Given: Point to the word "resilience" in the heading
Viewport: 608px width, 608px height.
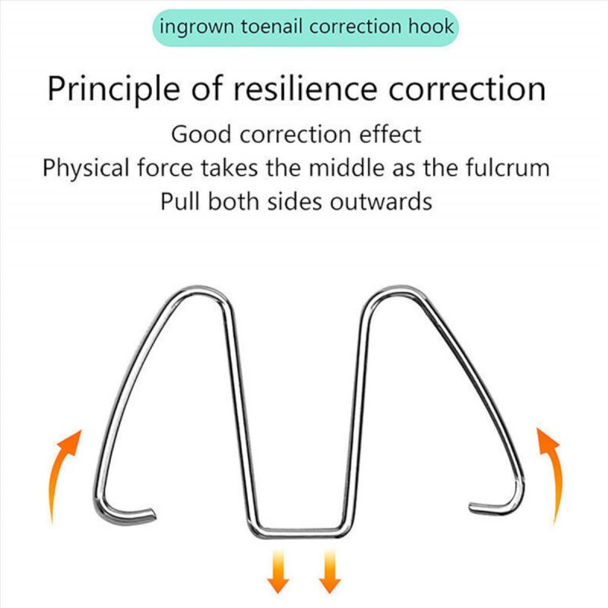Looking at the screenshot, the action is [x=306, y=89].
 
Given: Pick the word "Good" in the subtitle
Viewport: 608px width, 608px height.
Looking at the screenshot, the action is [x=201, y=135].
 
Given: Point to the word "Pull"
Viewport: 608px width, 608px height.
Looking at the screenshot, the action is [x=180, y=201].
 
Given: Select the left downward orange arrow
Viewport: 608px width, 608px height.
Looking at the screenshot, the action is [x=277, y=571].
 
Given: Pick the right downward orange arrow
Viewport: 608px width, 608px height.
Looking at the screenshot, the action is [x=330, y=571].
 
